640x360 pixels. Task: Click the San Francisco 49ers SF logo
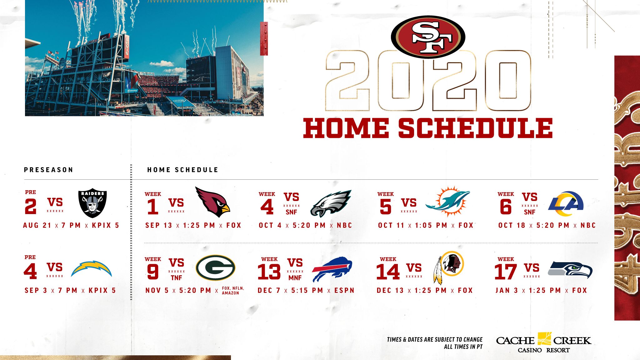(x=428, y=37)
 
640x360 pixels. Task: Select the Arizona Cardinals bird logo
(x=212, y=202)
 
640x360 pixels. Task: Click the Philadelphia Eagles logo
(x=331, y=203)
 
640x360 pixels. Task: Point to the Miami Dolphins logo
(x=447, y=202)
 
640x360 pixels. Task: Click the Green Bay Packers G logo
(x=215, y=268)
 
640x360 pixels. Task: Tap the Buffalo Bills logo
(x=332, y=269)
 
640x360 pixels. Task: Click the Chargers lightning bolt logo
(x=91, y=269)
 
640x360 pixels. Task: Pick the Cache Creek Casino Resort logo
(x=544, y=342)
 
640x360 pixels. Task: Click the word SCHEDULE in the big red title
(x=475, y=128)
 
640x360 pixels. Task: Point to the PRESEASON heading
(x=48, y=170)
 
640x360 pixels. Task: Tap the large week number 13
(x=269, y=272)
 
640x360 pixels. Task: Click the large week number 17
(x=505, y=272)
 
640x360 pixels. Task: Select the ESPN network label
(x=344, y=290)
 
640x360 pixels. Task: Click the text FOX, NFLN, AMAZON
(x=233, y=291)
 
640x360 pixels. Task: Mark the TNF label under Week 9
(x=176, y=277)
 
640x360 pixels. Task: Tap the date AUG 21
(x=37, y=225)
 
